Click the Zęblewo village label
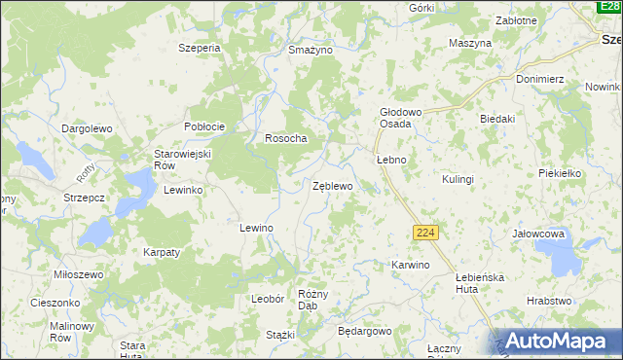(x=332, y=185)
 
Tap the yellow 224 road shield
(x=424, y=233)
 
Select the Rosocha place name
(x=286, y=138)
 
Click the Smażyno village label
(x=311, y=49)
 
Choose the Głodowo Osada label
(x=400, y=118)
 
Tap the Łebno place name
(x=390, y=159)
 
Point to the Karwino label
(x=410, y=265)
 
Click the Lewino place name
(x=256, y=227)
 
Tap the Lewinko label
(x=183, y=190)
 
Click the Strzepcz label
(x=85, y=197)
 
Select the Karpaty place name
(x=162, y=252)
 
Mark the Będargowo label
(x=364, y=331)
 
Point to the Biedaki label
(x=496, y=119)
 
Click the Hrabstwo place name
(x=549, y=302)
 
